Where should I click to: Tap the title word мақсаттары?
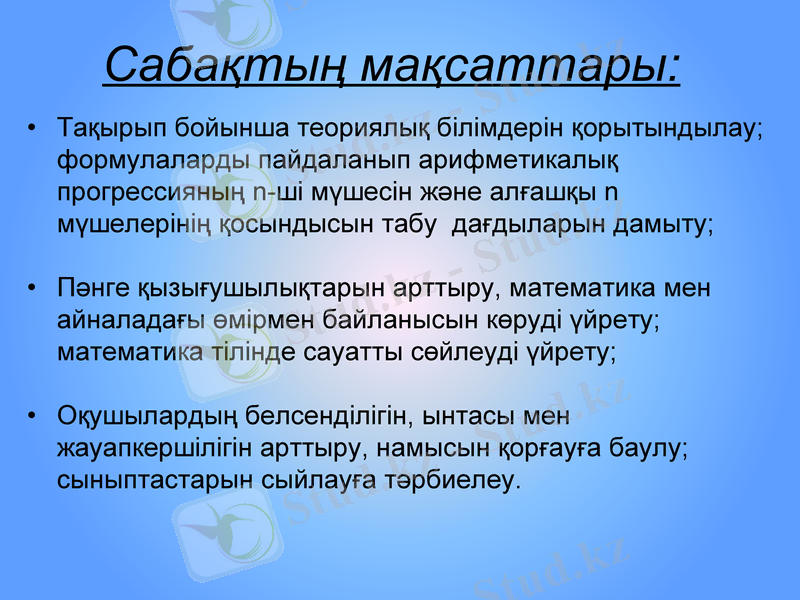pos(521,65)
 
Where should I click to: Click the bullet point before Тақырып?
pos(33,128)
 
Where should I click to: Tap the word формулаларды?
pos(154,160)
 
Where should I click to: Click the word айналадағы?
pos(119,321)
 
